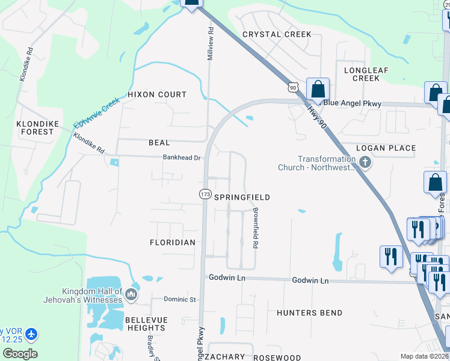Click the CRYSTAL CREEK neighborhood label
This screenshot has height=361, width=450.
pos(277,34)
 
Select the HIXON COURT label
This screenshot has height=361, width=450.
pos(157,94)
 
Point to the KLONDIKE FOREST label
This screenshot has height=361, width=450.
pos(37,128)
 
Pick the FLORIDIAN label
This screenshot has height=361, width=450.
pos(173,242)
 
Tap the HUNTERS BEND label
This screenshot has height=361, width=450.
pos(309,313)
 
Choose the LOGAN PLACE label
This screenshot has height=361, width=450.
pos(386,148)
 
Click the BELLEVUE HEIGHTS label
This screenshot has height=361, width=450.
pos(146,324)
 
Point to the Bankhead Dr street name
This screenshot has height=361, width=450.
pos(181,158)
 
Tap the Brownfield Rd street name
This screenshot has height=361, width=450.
pos(256,229)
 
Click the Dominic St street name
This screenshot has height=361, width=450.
pos(180,299)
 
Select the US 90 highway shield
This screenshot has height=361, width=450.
pos(293,88)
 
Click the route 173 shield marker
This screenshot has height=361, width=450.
pos(205,194)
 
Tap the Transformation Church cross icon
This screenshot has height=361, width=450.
pos(366,162)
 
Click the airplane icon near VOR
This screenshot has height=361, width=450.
pos(31,334)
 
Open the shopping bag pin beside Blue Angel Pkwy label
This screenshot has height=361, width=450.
pos(316,90)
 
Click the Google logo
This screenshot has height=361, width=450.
pos(20,353)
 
